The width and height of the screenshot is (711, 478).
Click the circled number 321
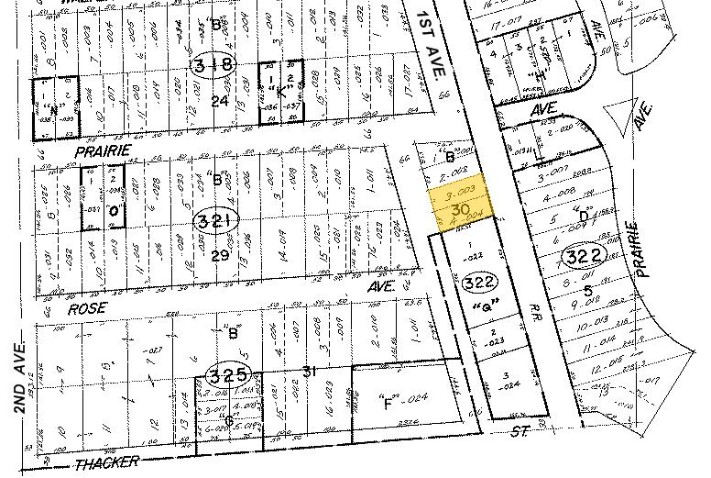215,220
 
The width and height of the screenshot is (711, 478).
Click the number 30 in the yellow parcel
462,210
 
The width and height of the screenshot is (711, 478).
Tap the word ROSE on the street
87,311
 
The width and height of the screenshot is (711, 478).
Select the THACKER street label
107,461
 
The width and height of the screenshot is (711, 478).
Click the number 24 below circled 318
219,101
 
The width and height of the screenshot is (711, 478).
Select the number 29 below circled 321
220,256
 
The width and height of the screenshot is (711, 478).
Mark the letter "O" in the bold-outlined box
115,211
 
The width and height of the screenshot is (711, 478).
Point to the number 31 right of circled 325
309,371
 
